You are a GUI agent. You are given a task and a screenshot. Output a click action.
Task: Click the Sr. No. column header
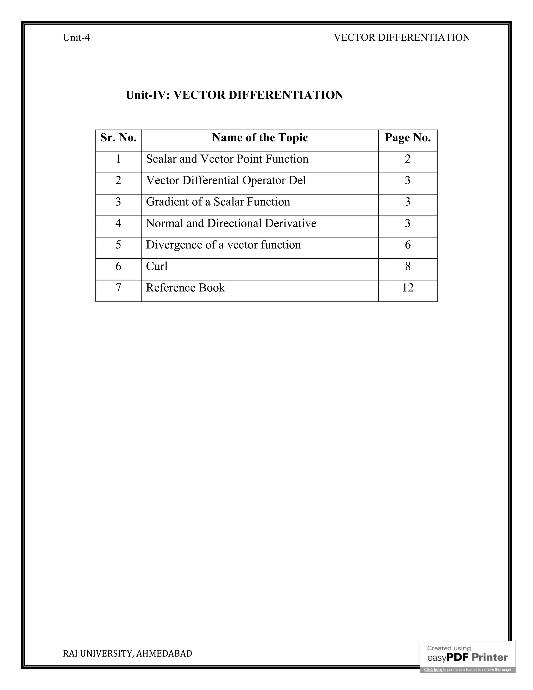(x=118, y=138)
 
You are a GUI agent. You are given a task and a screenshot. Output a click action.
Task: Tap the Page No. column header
(x=408, y=138)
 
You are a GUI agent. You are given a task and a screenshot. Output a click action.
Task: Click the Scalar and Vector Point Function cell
(x=227, y=159)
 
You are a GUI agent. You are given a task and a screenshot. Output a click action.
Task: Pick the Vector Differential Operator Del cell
(x=226, y=180)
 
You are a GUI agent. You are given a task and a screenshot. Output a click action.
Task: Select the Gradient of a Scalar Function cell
(x=218, y=202)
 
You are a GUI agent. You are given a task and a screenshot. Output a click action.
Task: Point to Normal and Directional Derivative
(x=231, y=223)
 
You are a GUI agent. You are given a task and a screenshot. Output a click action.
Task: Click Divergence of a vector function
(x=223, y=245)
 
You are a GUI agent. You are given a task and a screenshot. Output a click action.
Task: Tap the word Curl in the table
(x=157, y=266)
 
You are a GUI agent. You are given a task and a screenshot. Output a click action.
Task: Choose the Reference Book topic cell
(x=185, y=288)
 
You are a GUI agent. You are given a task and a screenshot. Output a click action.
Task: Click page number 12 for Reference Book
(x=408, y=288)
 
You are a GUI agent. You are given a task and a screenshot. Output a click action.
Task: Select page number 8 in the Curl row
(x=408, y=266)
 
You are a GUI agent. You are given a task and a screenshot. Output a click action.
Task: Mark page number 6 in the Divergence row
(x=408, y=245)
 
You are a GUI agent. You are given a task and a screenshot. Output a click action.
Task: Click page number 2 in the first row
(x=408, y=159)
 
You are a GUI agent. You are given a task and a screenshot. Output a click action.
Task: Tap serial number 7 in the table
(x=118, y=288)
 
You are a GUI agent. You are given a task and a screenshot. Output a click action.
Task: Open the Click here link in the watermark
(x=433, y=669)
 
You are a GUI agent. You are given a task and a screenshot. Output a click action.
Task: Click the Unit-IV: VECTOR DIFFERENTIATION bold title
(x=234, y=95)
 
